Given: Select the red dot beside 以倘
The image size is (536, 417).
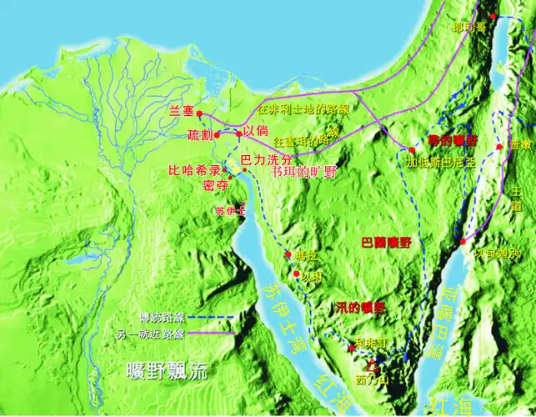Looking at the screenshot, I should [238, 133].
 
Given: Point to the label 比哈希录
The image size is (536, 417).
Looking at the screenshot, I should [195, 169].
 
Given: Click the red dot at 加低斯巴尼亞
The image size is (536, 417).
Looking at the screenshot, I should [412, 151].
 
